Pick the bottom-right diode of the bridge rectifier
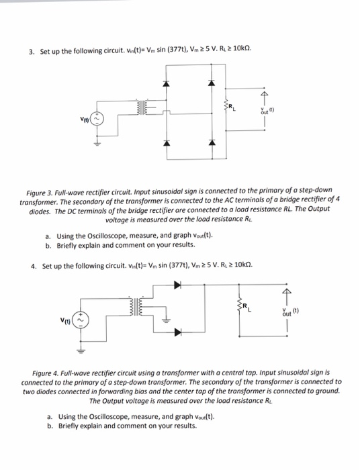tap(213, 143)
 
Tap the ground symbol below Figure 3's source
tap(95, 143)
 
